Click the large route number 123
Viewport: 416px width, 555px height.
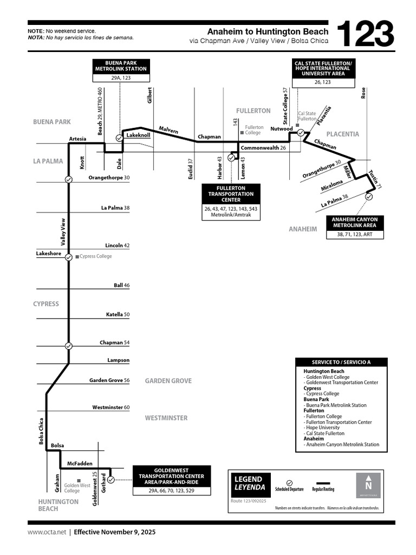(x=365, y=35)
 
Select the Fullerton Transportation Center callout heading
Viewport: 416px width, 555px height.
(x=231, y=193)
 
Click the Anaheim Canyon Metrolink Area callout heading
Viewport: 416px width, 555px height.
(x=355, y=222)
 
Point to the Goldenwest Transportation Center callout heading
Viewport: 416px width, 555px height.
(x=172, y=475)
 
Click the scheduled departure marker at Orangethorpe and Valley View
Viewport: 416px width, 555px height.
(x=69, y=179)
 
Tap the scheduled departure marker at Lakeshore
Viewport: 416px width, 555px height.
(x=69, y=257)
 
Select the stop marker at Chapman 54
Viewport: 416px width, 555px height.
(x=69, y=346)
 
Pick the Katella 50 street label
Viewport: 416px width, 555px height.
(x=118, y=314)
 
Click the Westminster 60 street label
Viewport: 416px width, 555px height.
(x=111, y=407)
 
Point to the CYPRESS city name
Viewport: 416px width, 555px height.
(x=46, y=304)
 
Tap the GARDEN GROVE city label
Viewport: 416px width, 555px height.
(x=168, y=381)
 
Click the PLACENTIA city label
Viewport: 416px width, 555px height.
(x=342, y=134)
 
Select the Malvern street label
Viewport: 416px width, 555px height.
(x=168, y=130)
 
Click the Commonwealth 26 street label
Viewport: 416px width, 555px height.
(x=263, y=147)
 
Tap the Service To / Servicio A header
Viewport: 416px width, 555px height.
(x=341, y=362)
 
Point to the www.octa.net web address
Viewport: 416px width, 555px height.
(x=47, y=532)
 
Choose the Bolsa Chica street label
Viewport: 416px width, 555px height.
(x=41, y=431)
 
